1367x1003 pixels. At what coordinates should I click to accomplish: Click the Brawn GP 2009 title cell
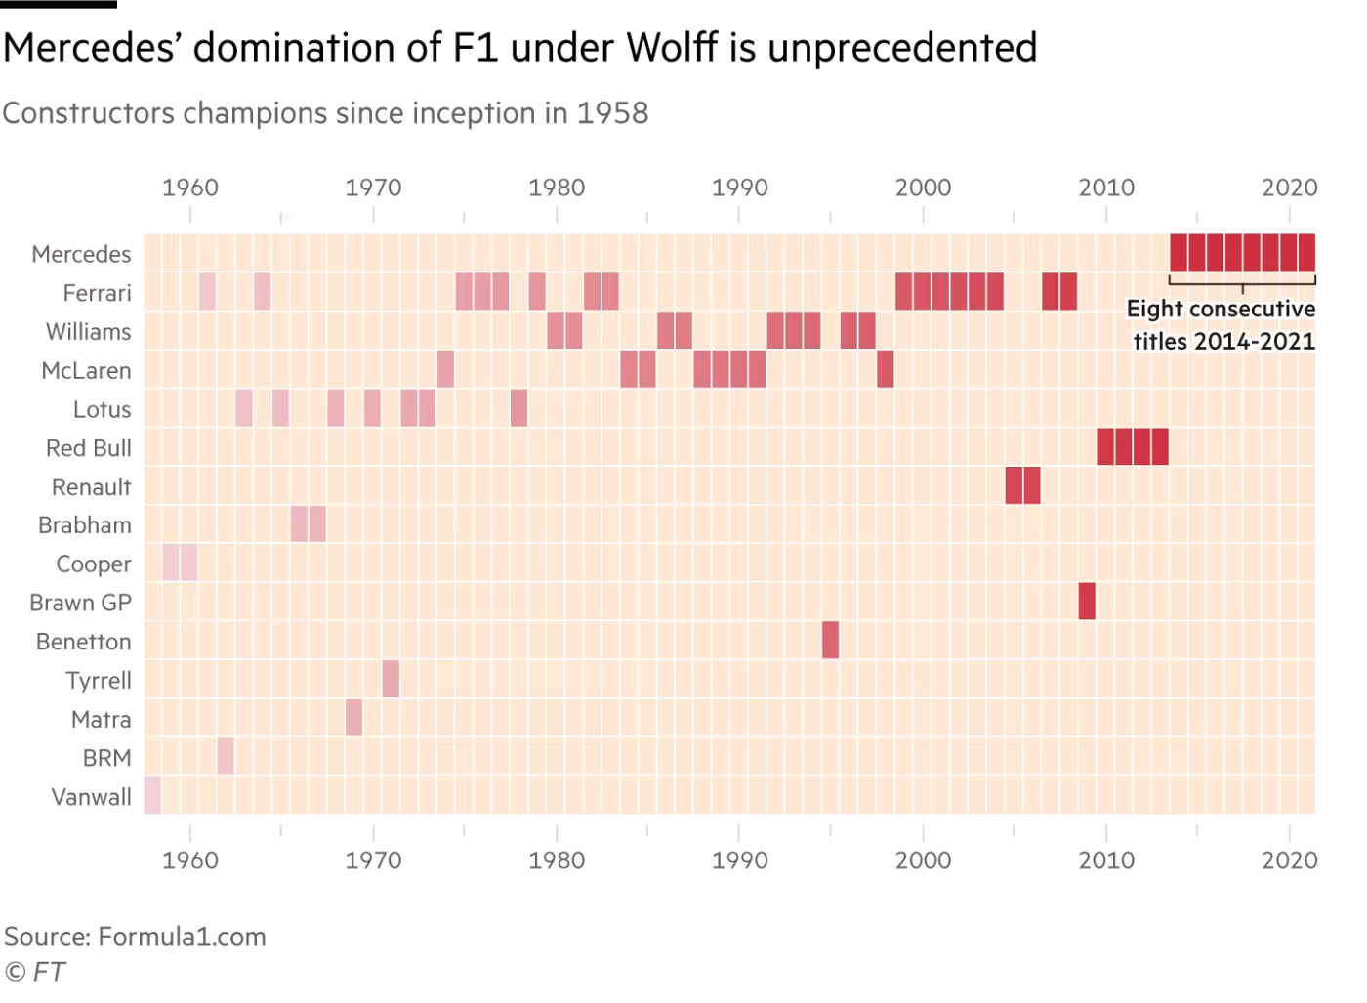click(x=1087, y=601)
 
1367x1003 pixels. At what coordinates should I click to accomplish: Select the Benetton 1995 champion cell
click(x=830, y=640)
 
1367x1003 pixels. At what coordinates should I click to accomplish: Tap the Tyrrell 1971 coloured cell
click(x=391, y=679)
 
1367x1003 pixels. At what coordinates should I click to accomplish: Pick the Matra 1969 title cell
click(x=353, y=718)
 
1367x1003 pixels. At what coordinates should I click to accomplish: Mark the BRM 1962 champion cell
click(x=226, y=756)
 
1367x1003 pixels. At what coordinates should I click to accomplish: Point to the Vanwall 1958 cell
click(x=152, y=795)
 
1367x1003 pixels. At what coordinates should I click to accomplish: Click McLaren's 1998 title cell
click(x=885, y=368)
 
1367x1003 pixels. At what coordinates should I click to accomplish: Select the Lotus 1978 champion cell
click(x=518, y=407)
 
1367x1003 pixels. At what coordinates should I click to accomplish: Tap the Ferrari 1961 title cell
click(x=207, y=292)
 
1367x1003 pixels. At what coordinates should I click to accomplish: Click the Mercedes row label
click(x=82, y=254)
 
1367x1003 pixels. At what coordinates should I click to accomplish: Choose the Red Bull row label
click(x=89, y=448)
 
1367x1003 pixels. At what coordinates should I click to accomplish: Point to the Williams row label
click(x=89, y=332)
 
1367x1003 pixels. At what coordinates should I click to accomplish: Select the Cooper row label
click(x=94, y=564)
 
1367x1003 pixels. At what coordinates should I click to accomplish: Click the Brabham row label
click(x=85, y=525)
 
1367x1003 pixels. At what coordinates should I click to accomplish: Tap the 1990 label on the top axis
click(x=739, y=187)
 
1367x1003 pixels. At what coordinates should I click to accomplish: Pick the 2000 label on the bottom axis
click(x=923, y=859)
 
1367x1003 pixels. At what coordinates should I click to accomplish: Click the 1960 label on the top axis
click(x=189, y=187)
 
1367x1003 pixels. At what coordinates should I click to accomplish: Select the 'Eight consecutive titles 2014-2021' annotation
click(x=1222, y=325)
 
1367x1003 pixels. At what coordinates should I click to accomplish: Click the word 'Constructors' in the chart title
click(x=87, y=113)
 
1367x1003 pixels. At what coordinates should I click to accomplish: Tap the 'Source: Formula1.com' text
click(x=135, y=938)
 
